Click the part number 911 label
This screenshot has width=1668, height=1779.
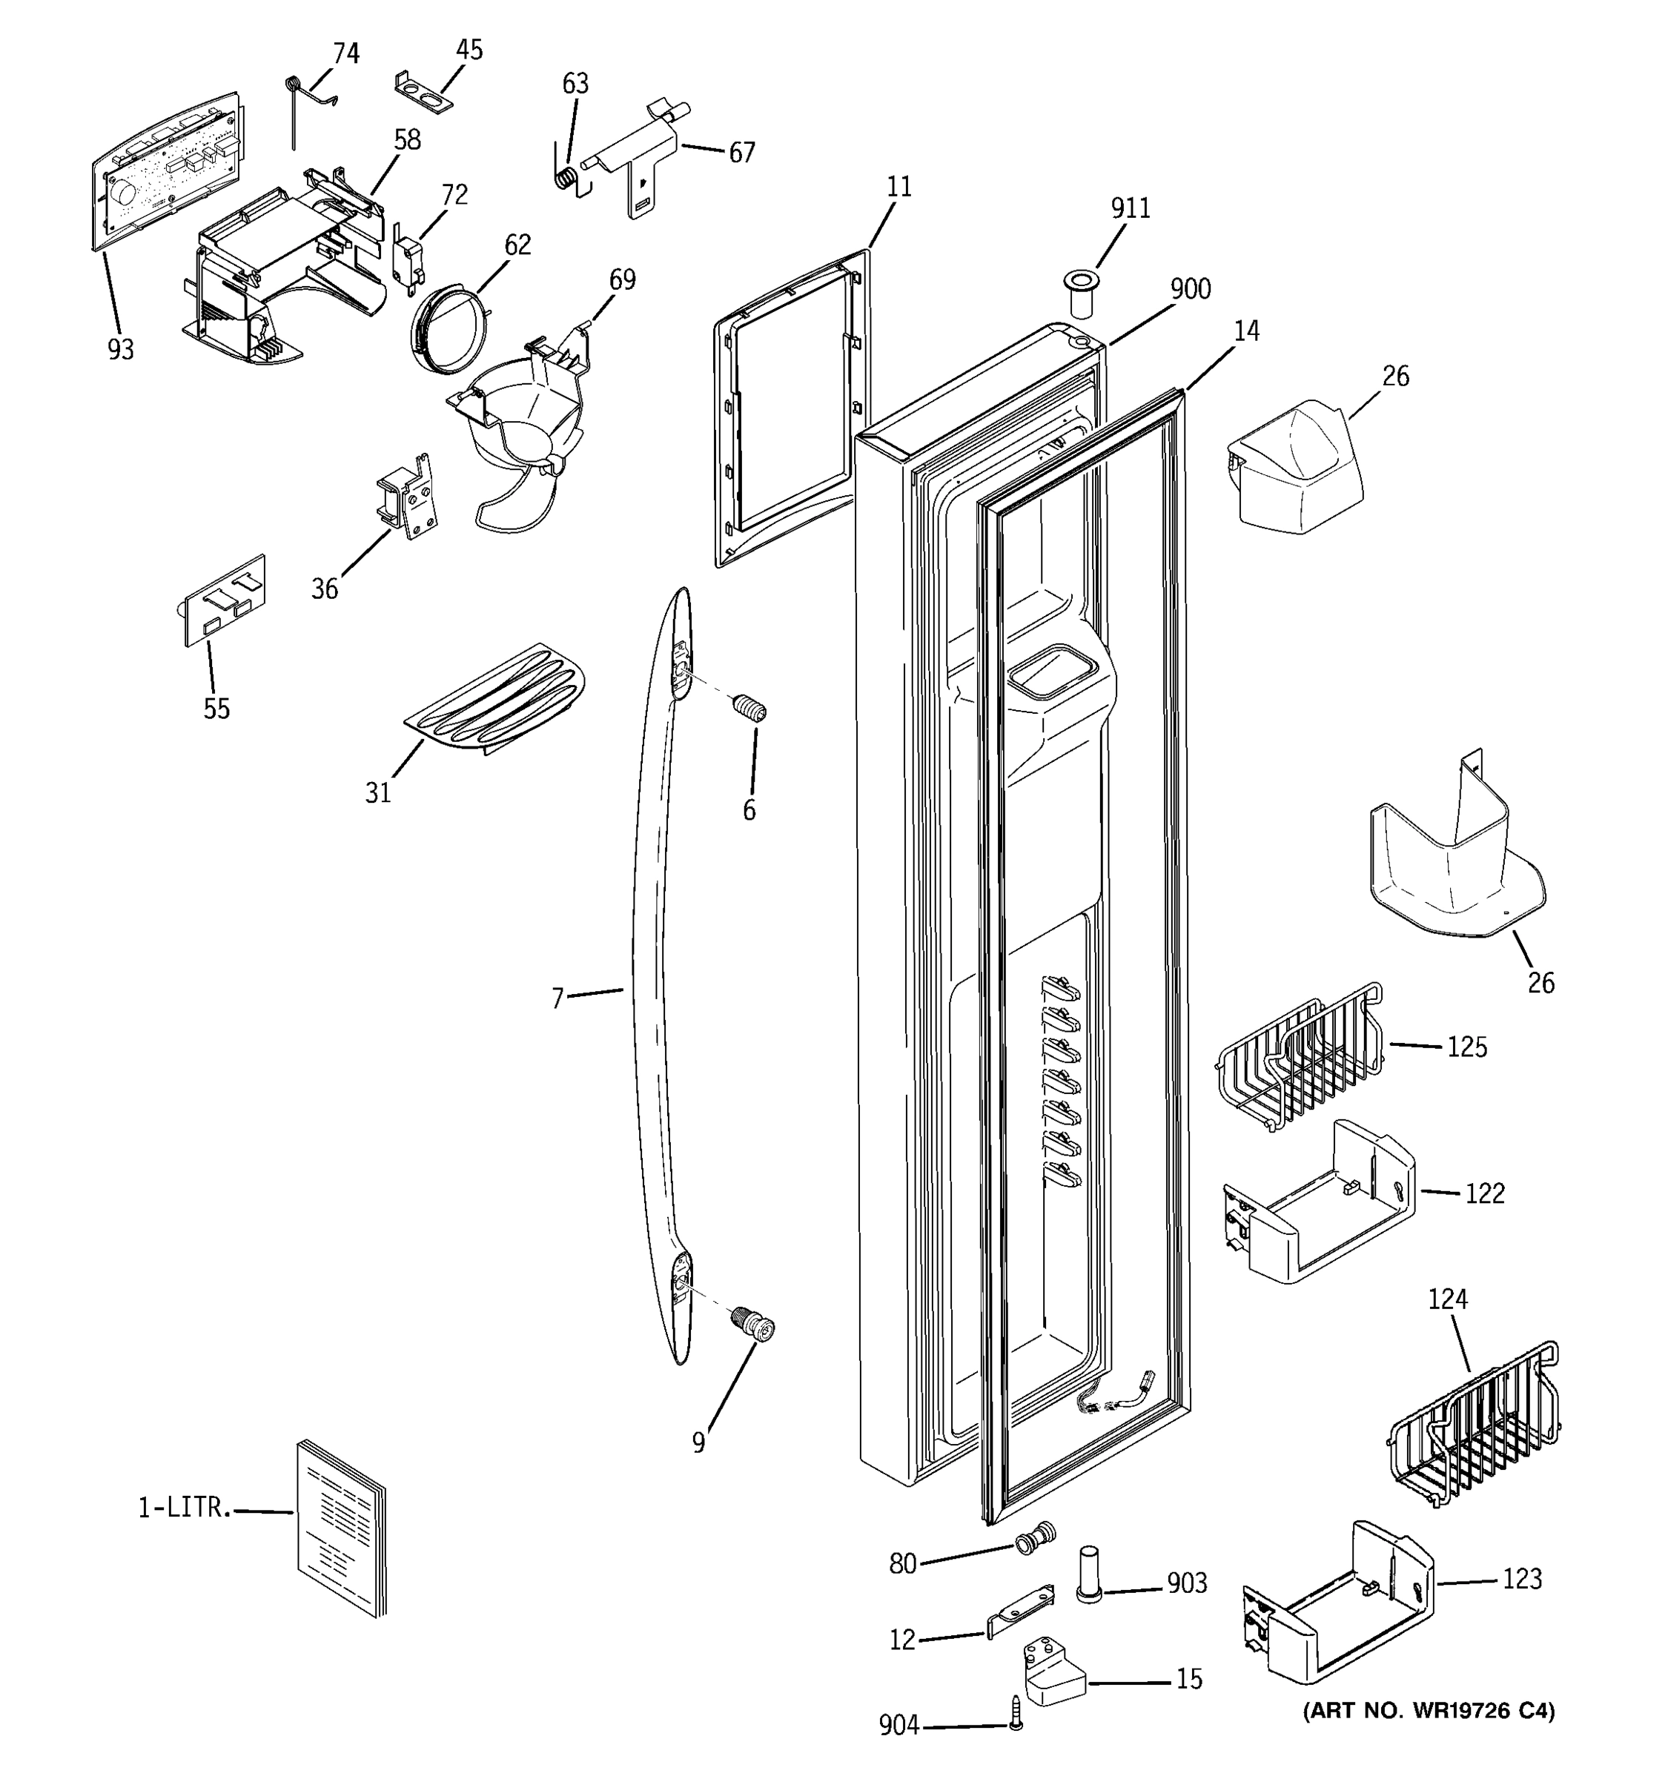[x=1131, y=208]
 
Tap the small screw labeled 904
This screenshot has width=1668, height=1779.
[x=1015, y=1713]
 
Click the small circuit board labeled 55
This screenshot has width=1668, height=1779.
[x=224, y=600]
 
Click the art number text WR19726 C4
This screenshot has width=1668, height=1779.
[x=1429, y=1711]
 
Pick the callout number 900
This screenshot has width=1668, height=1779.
[x=1190, y=289]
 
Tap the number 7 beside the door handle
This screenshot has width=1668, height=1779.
[x=557, y=998]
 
